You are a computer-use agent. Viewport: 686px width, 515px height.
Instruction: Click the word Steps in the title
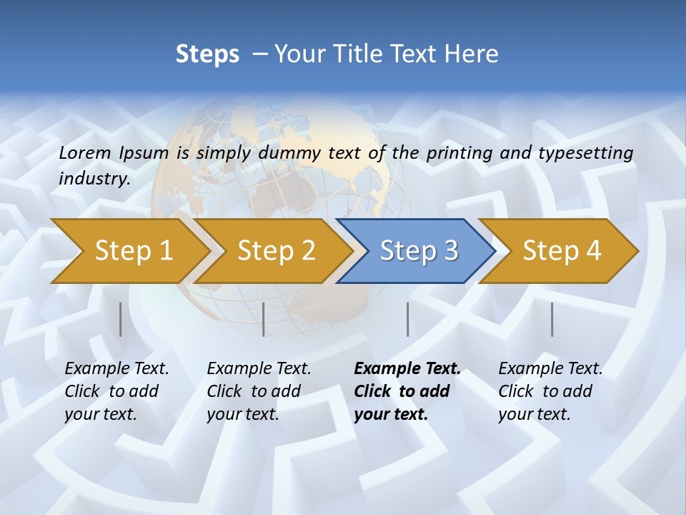[x=207, y=54]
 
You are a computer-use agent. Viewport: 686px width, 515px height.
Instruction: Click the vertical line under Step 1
[x=120, y=319]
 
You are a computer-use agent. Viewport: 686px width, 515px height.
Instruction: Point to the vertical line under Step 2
[x=264, y=319]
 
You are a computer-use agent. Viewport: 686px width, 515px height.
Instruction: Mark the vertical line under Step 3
[x=407, y=319]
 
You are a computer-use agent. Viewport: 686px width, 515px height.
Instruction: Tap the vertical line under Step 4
[x=552, y=319]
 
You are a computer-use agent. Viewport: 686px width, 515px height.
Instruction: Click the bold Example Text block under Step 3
[x=407, y=391]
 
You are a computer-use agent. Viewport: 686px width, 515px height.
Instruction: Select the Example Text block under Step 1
[x=116, y=391]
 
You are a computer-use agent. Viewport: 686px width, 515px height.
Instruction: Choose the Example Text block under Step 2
[x=259, y=391]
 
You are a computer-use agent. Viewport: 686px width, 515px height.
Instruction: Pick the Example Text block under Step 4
[x=550, y=391]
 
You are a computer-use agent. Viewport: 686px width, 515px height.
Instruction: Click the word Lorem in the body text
[x=84, y=152]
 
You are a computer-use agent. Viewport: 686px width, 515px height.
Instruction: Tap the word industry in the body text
[x=94, y=178]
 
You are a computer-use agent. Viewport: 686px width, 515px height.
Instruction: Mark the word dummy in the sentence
[x=291, y=153]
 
